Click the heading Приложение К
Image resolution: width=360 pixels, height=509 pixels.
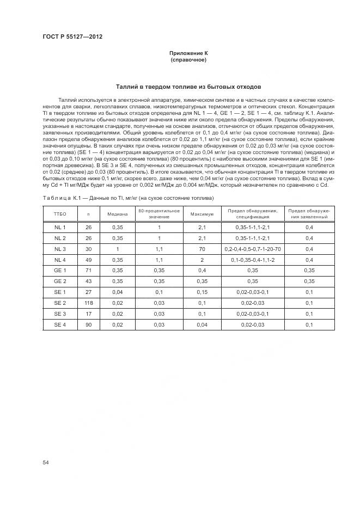click(188, 53)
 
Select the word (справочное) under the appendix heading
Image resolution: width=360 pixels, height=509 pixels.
click(188, 59)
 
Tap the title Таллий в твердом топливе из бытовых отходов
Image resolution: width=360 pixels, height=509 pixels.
click(188, 86)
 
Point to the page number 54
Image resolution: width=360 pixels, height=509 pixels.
click(45, 462)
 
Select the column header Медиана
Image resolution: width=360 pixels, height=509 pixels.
click(117, 214)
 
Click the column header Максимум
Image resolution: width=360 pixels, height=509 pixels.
click(202, 214)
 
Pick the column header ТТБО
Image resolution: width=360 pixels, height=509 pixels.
click(60, 214)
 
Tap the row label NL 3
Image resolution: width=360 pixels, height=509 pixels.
click(60, 249)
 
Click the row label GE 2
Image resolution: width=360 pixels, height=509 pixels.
click(60, 281)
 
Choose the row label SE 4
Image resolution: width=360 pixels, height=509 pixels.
click(60, 325)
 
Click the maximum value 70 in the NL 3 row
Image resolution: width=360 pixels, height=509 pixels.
click(202, 249)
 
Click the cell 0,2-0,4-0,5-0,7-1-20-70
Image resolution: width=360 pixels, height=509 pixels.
click(252, 249)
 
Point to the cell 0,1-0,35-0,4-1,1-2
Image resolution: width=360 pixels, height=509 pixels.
click(252, 260)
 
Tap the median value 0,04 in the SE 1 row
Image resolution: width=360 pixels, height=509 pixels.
click(117, 292)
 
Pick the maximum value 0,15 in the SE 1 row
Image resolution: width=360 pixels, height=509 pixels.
click(202, 292)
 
